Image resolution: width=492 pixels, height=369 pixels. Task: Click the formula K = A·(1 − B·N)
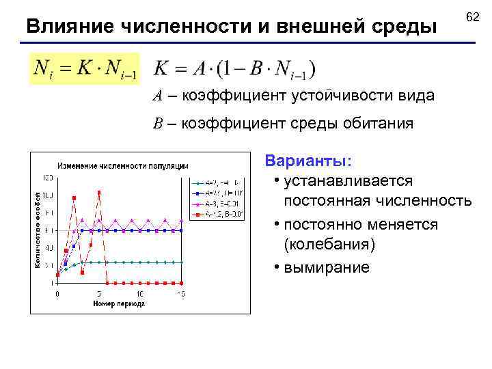234,69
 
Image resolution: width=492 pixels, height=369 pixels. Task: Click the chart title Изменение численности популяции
123,165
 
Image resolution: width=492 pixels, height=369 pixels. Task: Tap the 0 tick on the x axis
57,293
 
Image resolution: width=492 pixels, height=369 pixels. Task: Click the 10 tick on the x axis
139,293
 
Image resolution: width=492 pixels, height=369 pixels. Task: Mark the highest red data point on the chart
99,192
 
